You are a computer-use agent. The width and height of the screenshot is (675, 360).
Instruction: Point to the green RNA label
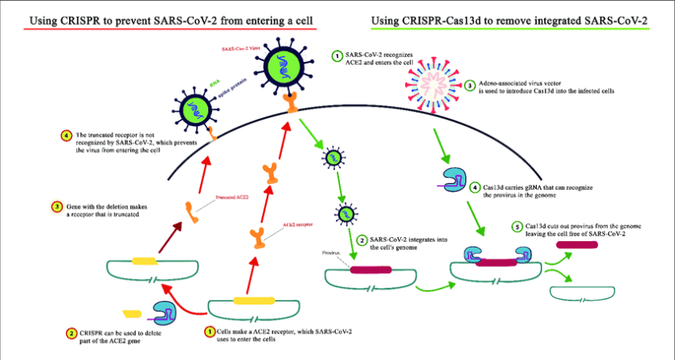[x=213, y=81]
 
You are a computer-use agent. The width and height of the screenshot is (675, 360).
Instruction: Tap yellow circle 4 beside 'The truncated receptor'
[x=65, y=134]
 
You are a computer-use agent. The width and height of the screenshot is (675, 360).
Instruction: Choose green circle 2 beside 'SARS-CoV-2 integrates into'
[x=362, y=239]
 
